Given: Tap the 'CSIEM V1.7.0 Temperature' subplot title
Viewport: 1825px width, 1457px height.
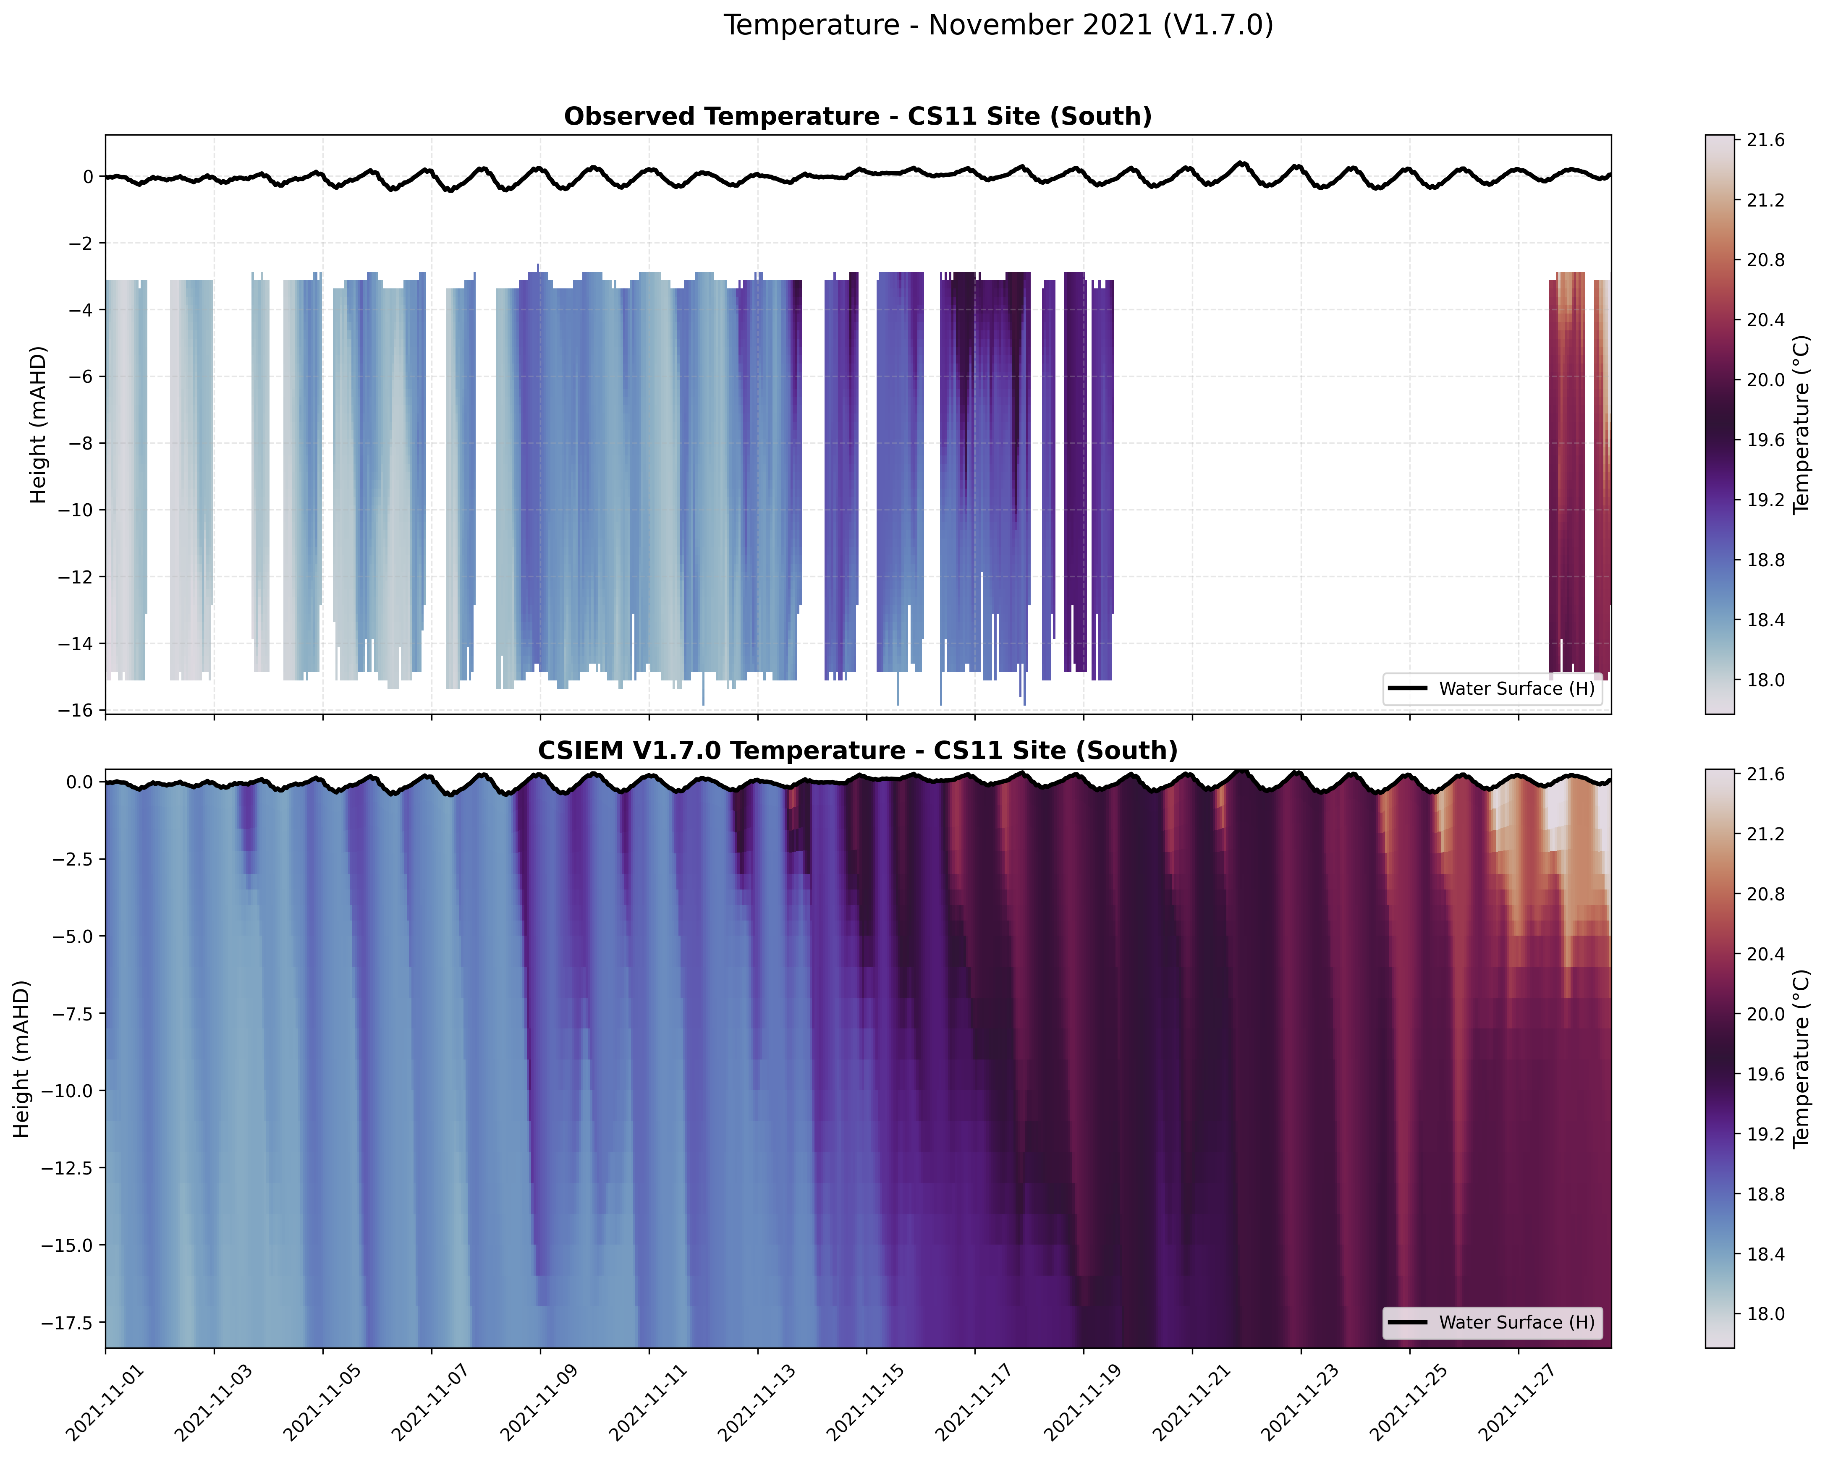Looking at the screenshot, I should [857, 751].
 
